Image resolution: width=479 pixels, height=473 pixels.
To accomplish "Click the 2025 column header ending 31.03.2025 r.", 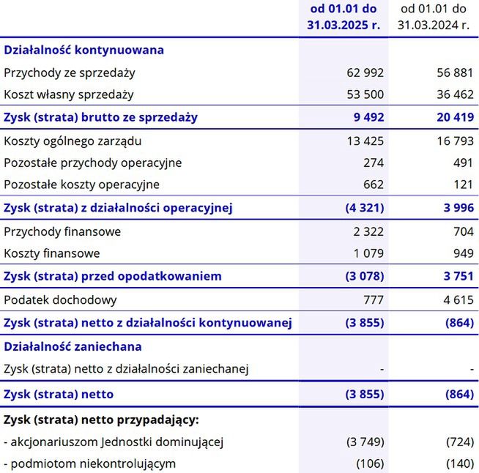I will pos(344,17).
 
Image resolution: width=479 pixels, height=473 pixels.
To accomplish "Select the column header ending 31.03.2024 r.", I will pos(434,17).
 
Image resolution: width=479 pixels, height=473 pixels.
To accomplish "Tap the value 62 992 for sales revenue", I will pos(365,72).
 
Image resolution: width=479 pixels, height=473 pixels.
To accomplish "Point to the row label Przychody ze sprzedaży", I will pos(70,72).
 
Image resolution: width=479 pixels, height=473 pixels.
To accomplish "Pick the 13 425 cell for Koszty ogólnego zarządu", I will pos(365,141).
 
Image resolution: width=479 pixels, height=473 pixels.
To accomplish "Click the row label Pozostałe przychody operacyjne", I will pos(93,163).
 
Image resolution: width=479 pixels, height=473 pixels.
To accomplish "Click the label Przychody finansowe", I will pos(62,231).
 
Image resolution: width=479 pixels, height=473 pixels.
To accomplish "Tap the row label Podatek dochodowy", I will pos(60,300).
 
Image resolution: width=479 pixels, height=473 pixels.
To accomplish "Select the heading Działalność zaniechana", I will pos(73,346).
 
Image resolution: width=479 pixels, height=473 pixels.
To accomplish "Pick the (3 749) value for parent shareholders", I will pos(364,442).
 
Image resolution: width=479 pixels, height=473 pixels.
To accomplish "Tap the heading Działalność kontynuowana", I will pos(84,50).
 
